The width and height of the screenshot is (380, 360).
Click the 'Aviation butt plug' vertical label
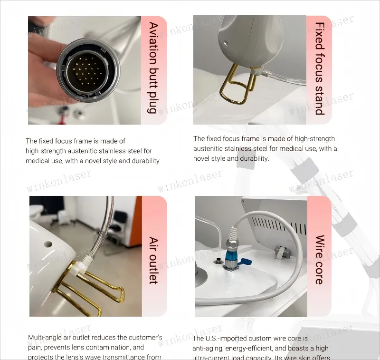click(153, 68)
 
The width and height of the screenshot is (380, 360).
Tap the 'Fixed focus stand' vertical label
click(320, 68)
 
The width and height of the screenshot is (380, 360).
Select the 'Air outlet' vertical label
click(153, 260)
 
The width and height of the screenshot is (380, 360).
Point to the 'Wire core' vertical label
click(320, 260)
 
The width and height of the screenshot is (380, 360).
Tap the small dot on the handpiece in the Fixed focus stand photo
click(226, 43)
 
